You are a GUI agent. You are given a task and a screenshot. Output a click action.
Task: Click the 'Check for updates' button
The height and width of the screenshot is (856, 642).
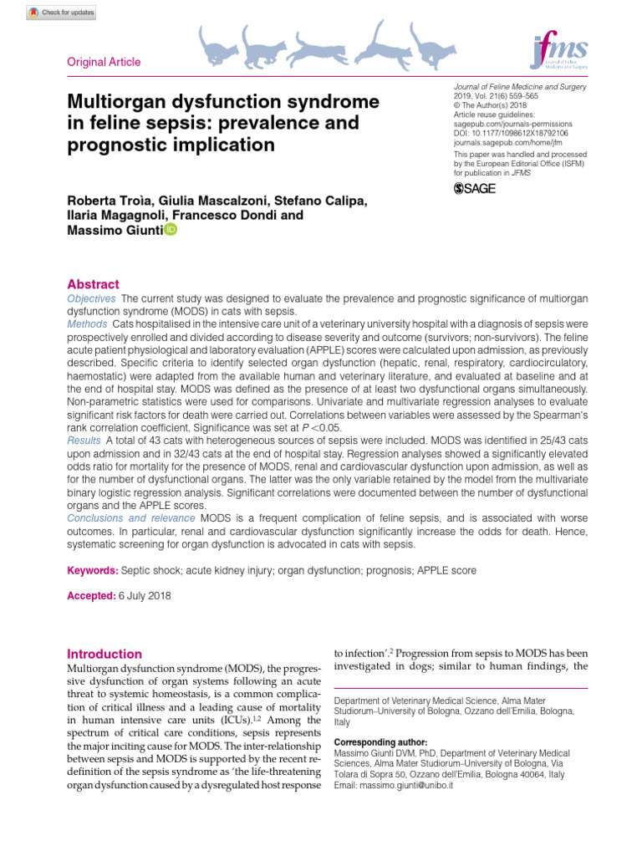62,13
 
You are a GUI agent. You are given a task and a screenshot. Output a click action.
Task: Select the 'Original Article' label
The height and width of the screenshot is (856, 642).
104,62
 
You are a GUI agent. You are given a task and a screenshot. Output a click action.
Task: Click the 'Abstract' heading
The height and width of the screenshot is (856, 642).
93,284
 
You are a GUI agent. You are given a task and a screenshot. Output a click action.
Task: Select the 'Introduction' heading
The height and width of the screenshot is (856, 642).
104,654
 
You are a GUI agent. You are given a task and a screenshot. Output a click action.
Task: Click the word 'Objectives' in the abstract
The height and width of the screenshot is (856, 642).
91,298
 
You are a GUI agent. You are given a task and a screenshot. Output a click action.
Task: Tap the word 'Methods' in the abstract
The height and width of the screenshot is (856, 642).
87,324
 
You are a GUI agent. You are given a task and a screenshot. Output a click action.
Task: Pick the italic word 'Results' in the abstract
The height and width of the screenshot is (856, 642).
84,439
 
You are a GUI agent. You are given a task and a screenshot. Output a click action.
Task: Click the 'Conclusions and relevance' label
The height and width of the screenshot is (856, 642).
131,518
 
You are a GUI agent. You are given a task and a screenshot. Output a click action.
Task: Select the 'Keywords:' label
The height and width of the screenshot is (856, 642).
92,570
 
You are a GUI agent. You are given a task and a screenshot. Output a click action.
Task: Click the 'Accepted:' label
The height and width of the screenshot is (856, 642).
91,595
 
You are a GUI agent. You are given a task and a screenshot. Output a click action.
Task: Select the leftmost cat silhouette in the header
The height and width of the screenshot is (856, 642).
218,46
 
